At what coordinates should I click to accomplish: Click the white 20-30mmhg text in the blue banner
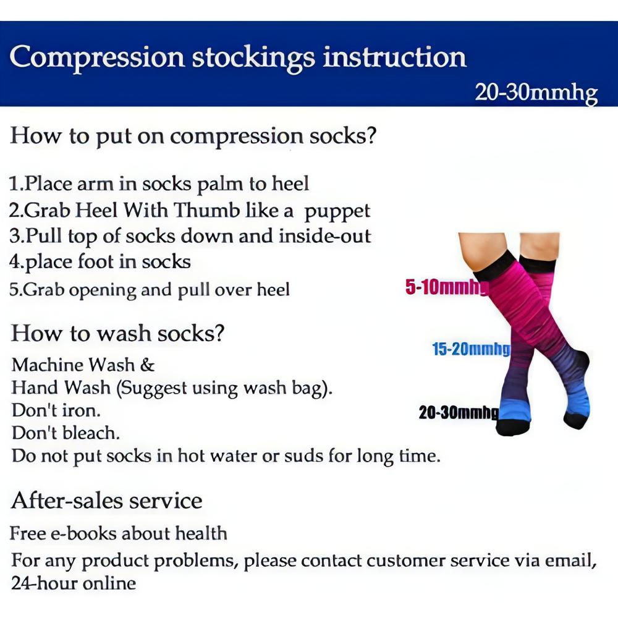tap(536, 93)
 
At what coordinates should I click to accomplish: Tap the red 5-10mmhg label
tap(446, 287)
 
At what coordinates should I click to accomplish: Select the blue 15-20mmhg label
tap(471, 350)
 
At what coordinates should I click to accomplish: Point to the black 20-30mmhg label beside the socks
tap(458, 413)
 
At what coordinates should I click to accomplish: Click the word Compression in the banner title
tap(97, 57)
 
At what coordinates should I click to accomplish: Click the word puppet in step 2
tap(337, 211)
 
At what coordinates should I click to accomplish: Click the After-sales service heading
tap(106, 500)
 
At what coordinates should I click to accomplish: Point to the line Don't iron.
tap(56, 410)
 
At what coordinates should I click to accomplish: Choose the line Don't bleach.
tap(66, 433)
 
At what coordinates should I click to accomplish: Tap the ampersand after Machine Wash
tap(147, 365)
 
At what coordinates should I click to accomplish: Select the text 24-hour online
tap(73, 583)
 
